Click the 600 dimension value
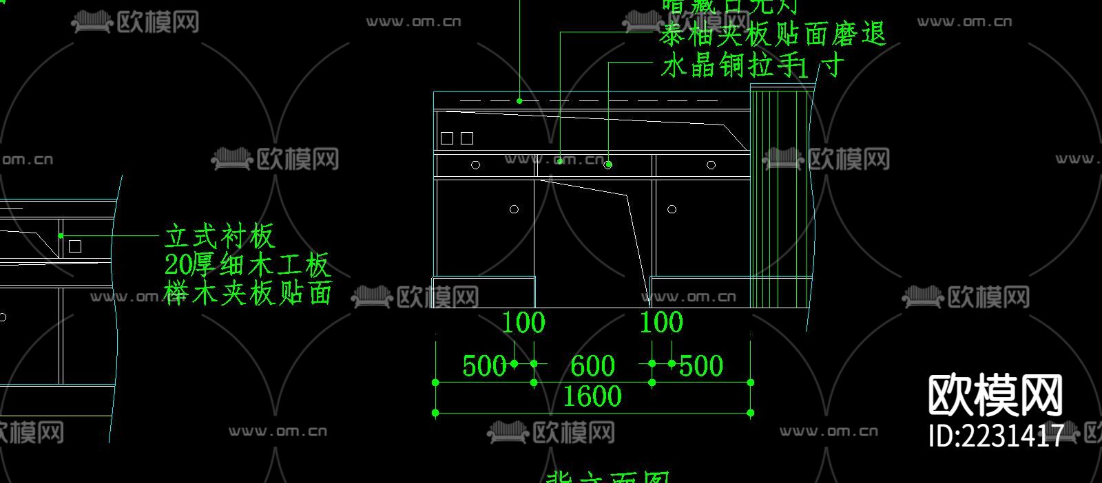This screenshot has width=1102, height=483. click(x=592, y=366)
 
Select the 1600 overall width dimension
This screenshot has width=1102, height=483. click(x=592, y=397)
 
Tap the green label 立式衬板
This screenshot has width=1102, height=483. click(x=220, y=237)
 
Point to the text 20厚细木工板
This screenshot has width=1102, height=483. click(x=247, y=265)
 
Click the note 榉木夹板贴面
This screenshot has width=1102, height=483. click(x=249, y=293)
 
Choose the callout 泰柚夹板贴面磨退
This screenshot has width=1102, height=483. click(x=771, y=34)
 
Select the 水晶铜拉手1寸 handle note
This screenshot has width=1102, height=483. click(x=751, y=67)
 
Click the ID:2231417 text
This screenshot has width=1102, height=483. click(x=996, y=436)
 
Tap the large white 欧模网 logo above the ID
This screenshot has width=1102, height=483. click(x=995, y=396)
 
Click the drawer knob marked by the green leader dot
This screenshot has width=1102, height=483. click(x=608, y=165)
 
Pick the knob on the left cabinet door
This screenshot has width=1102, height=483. click(x=514, y=209)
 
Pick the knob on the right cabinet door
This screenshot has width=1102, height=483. click(x=672, y=209)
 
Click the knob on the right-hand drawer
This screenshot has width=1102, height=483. click(x=711, y=165)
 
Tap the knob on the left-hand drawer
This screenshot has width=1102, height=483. click(x=475, y=165)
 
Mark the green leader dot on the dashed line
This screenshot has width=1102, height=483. click(x=519, y=101)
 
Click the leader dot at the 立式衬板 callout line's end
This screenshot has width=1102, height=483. click(x=61, y=236)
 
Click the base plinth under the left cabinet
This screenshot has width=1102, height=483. click(x=484, y=291)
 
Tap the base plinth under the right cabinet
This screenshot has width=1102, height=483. click(x=699, y=291)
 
